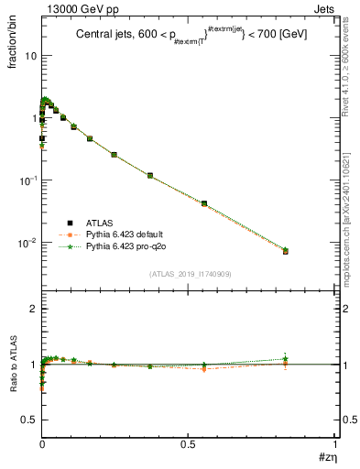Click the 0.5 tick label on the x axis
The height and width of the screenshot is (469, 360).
point(189,444)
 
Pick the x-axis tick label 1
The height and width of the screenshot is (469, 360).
point(336,444)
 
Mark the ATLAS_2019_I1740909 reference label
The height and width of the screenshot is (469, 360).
point(189,274)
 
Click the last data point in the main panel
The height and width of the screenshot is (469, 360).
point(286,250)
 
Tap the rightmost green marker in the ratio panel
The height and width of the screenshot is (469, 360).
point(286,358)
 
